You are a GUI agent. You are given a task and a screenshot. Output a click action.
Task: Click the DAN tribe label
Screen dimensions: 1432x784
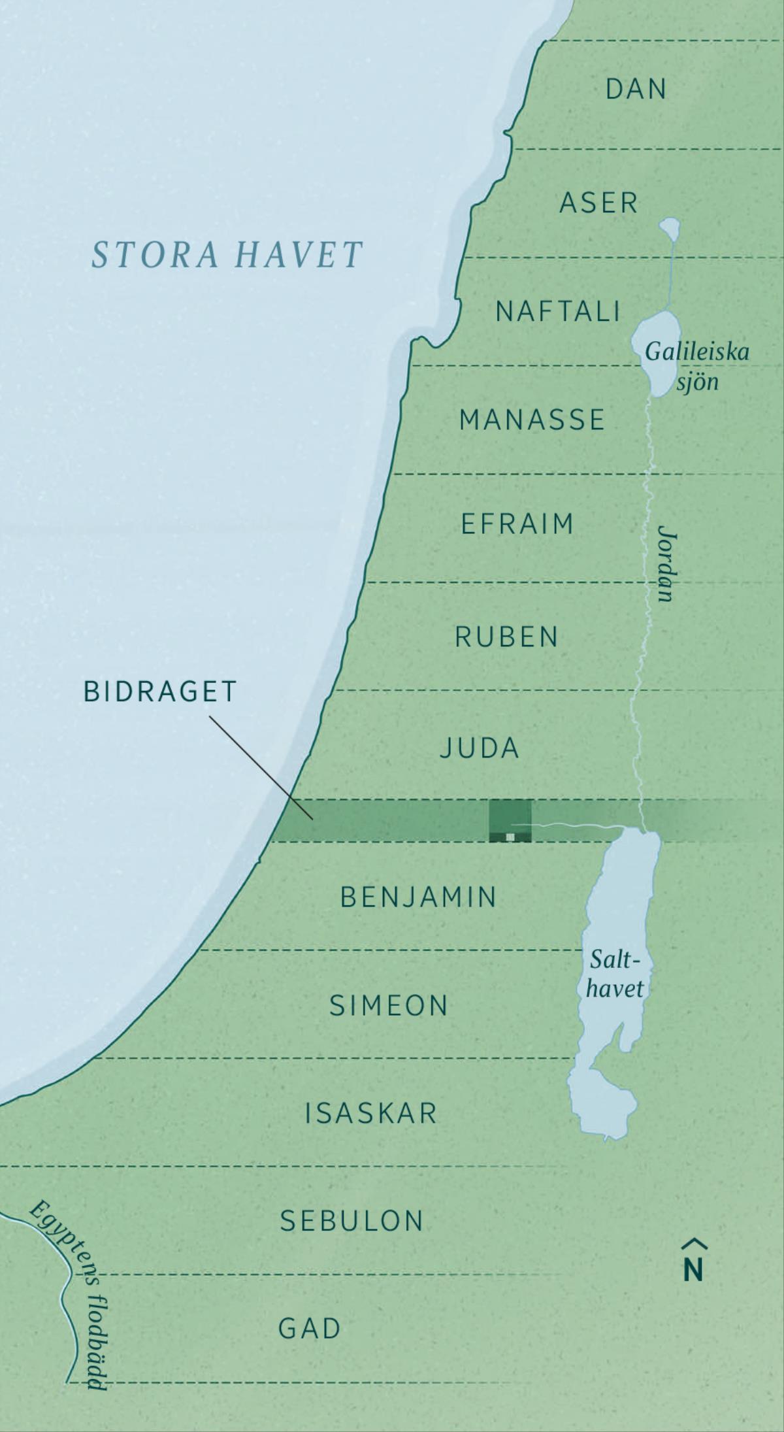coord(636,89)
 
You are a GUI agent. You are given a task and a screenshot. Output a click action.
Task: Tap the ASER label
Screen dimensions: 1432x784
coord(598,203)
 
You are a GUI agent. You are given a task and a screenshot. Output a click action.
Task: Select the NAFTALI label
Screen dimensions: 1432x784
coord(558,311)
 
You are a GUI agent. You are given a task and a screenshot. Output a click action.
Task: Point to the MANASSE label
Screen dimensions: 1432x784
coord(532,420)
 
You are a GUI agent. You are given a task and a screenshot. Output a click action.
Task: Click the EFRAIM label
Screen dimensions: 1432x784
coord(517,524)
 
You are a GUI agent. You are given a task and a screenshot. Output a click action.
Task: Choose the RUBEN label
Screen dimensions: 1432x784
coord(506,637)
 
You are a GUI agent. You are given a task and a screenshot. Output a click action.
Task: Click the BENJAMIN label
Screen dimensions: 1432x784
coord(419,897)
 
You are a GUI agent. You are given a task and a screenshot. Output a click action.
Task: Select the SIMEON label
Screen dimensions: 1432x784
coord(389,1005)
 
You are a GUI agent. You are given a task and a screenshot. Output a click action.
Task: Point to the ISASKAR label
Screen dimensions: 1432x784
coord(370,1113)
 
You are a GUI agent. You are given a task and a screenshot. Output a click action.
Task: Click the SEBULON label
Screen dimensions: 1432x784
coord(352,1221)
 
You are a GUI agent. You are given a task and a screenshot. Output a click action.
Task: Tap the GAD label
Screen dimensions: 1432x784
coord(310,1329)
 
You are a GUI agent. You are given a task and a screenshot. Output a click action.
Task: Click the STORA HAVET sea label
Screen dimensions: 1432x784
coord(227,255)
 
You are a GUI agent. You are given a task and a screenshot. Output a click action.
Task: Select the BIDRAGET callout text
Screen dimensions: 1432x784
coord(160,692)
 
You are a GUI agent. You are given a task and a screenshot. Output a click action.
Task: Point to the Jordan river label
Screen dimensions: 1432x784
coord(667,563)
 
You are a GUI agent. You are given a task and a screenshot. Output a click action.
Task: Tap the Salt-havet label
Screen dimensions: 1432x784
coord(614,974)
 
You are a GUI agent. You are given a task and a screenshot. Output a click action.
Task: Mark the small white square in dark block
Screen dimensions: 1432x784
coord(510,836)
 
